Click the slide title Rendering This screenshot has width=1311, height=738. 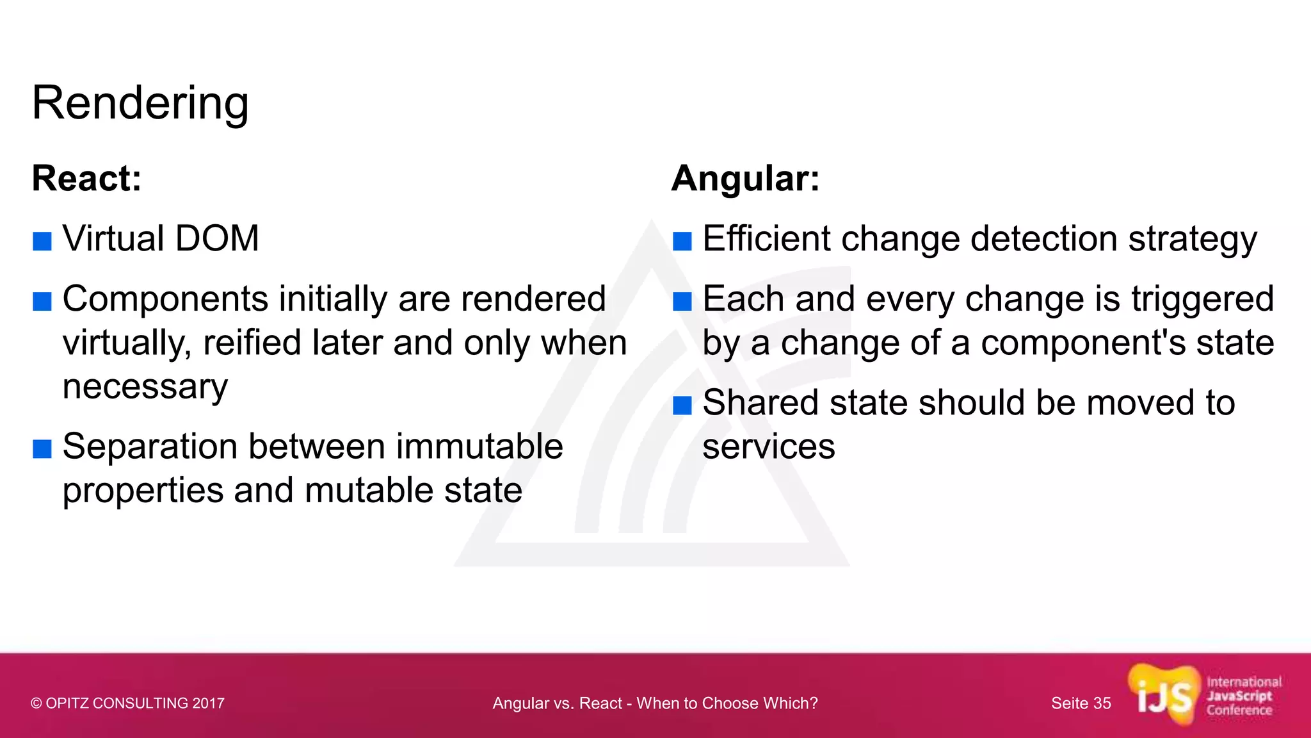pyautogui.click(x=140, y=104)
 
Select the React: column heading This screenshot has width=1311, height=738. pyautogui.click(x=86, y=178)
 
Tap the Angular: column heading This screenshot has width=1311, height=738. pyautogui.click(x=745, y=178)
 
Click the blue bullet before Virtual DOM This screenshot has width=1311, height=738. pyautogui.click(x=42, y=242)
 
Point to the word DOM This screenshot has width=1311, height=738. pyautogui.click(x=216, y=239)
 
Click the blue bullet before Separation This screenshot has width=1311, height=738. pyautogui.click(x=42, y=449)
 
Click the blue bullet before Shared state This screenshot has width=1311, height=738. pyautogui.click(x=682, y=406)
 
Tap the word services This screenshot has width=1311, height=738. pyautogui.click(x=768, y=447)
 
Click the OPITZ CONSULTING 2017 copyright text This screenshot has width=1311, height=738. pyautogui.click(x=127, y=703)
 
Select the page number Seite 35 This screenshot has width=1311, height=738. pyautogui.click(x=1081, y=703)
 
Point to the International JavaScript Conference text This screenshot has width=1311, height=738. pyautogui.click(x=1243, y=696)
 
